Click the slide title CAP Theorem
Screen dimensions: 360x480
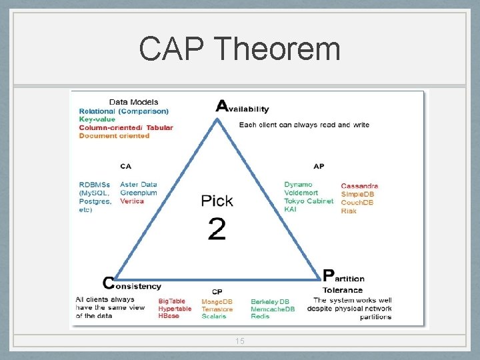click(x=240, y=49)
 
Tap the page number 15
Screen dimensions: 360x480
click(x=240, y=341)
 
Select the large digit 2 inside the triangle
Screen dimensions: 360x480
click(x=217, y=229)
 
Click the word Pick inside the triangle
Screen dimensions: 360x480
click(x=217, y=200)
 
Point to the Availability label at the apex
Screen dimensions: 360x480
click(x=243, y=107)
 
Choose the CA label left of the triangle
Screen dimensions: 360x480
click(x=125, y=165)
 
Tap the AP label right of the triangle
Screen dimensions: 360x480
click(x=319, y=165)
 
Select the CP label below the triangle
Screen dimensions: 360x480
click(x=217, y=292)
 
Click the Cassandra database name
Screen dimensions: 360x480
click(x=359, y=186)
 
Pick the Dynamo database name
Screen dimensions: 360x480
click(x=297, y=185)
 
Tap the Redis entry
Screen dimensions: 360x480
click(x=259, y=316)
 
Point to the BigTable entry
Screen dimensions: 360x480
click(x=172, y=301)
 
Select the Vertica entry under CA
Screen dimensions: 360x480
click(x=132, y=201)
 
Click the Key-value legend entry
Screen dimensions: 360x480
click(x=97, y=119)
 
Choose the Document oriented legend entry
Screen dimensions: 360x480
click(x=114, y=135)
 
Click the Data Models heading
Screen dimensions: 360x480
click(x=133, y=102)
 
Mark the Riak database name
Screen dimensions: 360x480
click(x=349, y=211)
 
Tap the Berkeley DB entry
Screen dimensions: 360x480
click(x=270, y=301)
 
